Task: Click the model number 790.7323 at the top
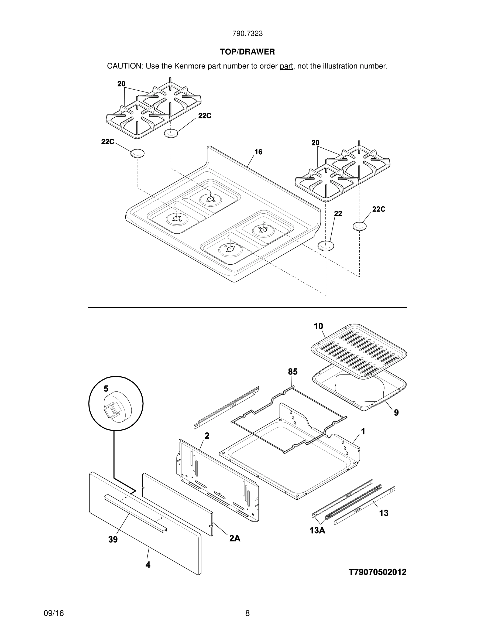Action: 247,34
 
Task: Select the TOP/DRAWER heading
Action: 247,52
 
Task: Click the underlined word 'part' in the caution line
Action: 286,66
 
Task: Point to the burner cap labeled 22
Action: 326,245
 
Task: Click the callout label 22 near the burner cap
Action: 338,214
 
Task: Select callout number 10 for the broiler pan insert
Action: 318,326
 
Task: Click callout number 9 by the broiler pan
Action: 396,413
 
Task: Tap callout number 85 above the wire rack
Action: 293,372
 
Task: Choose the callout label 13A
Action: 318,531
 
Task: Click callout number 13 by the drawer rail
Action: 384,513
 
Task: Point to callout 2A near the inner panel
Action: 235,538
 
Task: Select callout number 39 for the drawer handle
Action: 113,540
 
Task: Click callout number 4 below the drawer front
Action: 148,565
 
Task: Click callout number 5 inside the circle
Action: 106,389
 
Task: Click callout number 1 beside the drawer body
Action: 363,431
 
